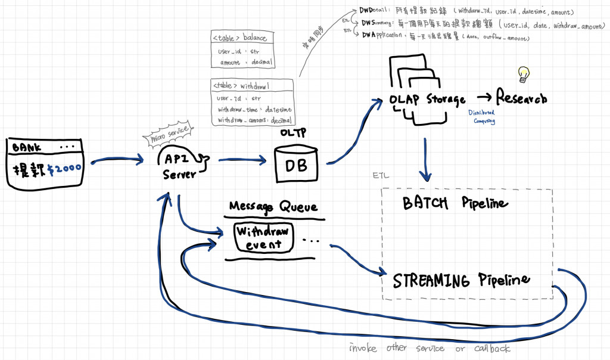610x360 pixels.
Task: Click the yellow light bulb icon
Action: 524,74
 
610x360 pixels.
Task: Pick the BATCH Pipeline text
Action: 456,204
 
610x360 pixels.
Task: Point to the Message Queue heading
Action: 273,207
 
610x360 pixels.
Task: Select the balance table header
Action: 240,39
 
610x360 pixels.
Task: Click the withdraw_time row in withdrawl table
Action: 253,110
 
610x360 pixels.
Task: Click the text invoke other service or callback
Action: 430,349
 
